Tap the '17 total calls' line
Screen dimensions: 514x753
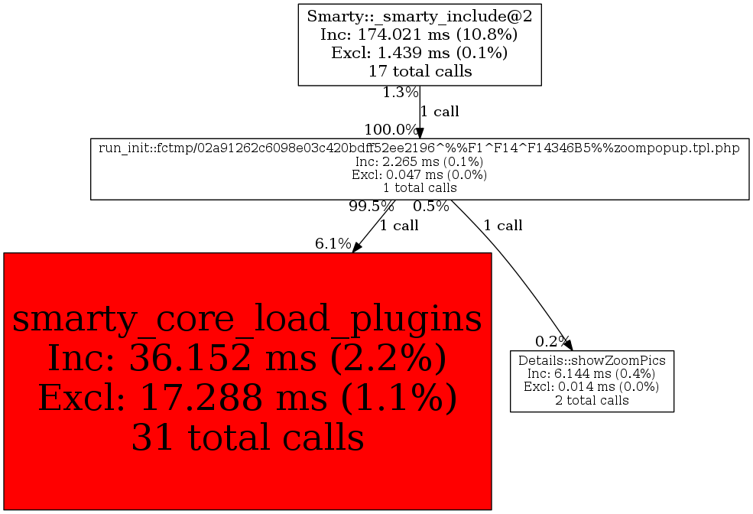419,72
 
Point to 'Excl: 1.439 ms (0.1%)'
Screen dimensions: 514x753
419,53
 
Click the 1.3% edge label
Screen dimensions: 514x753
400,93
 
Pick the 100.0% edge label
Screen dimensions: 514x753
391,129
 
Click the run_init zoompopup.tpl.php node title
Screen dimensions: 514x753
419,148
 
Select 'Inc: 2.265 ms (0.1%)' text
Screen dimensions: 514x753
419,161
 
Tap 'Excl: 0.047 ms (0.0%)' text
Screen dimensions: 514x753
419,174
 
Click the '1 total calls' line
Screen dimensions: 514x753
419,187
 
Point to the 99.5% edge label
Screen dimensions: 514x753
371,206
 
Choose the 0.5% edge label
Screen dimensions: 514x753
430,206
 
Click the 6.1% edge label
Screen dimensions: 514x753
333,244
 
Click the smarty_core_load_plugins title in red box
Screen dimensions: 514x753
247,319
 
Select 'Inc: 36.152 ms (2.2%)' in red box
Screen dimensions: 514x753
247,358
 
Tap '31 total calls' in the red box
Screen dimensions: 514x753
247,438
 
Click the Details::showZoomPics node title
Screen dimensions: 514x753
592,360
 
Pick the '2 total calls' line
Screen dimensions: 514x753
592,400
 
